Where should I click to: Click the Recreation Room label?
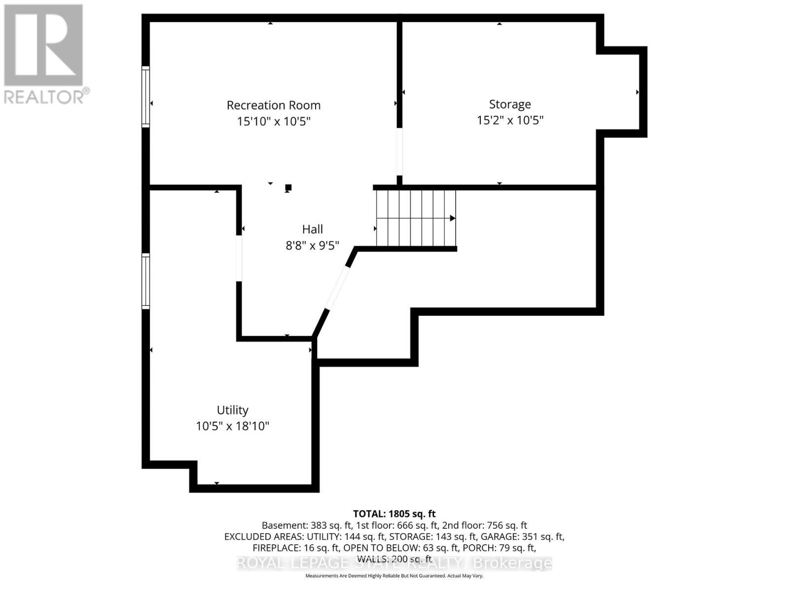pos(274,105)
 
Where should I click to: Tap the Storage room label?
pos(510,104)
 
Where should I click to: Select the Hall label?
pos(313,229)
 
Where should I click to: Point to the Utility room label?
pos(232,410)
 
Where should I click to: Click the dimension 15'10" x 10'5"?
pos(274,121)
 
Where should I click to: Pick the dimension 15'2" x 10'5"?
pos(510,120)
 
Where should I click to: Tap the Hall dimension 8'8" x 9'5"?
pos(313,246)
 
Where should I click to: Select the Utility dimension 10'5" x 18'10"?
pos(232,426)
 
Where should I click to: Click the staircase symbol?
pos(416,218)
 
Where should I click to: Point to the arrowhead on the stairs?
pos(452,218)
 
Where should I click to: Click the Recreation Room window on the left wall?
pos(145,97)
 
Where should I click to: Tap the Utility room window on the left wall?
pos(145,281)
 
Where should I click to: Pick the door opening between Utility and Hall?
pos(239,259)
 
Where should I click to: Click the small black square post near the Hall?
pos(288,187)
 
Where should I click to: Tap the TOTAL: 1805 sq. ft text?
pos(394,514)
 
